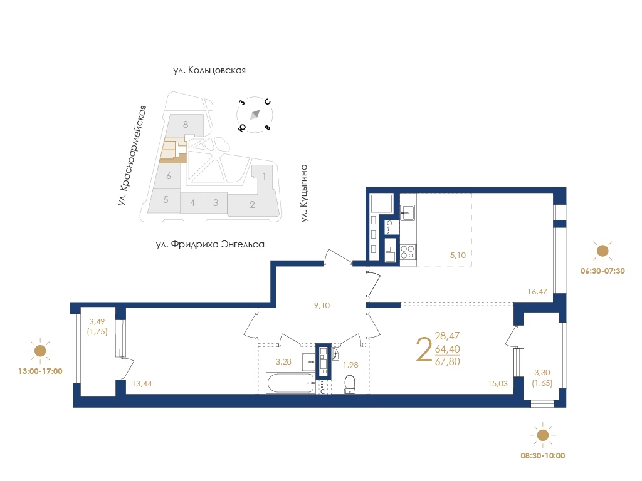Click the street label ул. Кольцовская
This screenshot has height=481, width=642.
pos(209,70)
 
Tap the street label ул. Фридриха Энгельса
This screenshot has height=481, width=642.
pos(210,245)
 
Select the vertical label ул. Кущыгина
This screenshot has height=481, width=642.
pos(304,193)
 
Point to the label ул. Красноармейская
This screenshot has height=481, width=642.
pos(132,155)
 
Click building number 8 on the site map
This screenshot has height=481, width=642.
pos(186,125)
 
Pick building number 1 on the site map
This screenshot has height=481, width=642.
pos(265,177)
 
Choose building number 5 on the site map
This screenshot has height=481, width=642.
pos(166,200)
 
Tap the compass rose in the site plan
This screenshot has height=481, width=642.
pos(255,115)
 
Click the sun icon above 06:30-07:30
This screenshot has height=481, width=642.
pos(603,251)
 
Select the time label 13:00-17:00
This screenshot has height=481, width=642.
pos(41,371)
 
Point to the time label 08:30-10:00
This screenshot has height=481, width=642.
pos(542,456)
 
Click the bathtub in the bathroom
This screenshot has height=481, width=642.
pos(291,383)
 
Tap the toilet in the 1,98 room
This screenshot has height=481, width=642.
pos(350,385)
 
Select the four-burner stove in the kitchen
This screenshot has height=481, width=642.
pos(408,252)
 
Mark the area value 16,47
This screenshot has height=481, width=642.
pos(537,292)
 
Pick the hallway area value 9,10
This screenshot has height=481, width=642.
pos(322,305)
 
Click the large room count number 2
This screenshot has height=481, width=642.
pos(424,349)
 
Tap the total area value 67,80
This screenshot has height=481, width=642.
pos(448,361)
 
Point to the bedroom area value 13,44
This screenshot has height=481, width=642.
pos(142,384)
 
